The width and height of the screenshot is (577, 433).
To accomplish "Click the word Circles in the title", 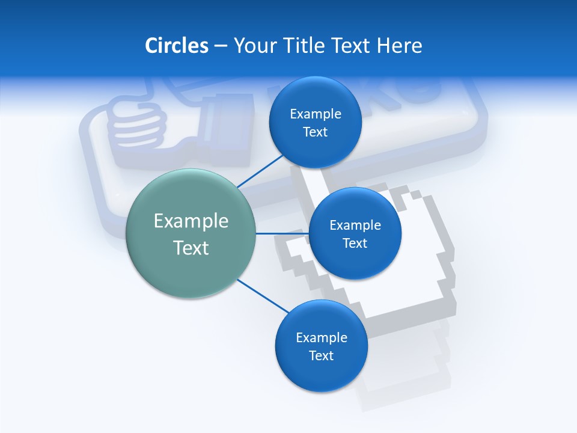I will coord(176,46).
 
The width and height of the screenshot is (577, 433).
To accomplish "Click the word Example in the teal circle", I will coord(191,221).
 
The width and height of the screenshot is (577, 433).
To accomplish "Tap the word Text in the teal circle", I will coord(191,248).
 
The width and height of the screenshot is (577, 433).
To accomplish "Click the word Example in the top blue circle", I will coord(315,114).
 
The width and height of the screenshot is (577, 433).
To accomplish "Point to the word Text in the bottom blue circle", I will coord(321,355).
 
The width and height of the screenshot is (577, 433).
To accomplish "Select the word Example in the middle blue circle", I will coord(355,225).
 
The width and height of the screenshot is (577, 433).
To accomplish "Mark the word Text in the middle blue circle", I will coord(355,243).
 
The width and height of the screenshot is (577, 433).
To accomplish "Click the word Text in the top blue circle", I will coord(315,132).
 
